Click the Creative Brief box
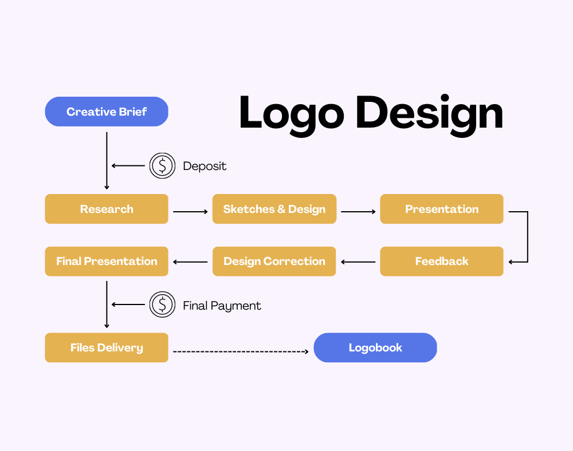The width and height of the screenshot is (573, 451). (x=107, y=112)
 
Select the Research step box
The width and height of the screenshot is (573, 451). (x=107, y=209)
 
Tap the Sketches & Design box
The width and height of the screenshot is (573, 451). (x=274, y=209)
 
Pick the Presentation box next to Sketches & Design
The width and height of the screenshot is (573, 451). (x=441, y=209)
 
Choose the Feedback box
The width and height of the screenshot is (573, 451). (x=441, y=261)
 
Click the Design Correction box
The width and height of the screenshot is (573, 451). (x=274, y=261)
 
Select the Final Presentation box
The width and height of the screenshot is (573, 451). (x=107, y=261)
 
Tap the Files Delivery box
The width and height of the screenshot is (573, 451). (x=107, y=347)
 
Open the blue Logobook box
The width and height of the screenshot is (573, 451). (x=375, y=347)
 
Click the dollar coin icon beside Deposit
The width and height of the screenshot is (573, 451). (x=162, y=165)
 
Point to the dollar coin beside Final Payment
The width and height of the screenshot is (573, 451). (x=162, y=304)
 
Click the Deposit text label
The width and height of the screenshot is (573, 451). (x=205, y=166)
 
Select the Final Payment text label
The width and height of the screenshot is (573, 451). (x=222, y=306)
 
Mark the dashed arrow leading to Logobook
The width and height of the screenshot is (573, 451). (x=241, y=352)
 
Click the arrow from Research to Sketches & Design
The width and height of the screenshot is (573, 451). (x=190, y=212)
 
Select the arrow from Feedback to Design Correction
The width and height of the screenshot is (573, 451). (x=358, y=262)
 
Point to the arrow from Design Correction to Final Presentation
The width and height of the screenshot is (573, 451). (x=190, y=262)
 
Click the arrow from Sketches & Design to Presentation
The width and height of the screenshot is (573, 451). (x=358, y=212)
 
